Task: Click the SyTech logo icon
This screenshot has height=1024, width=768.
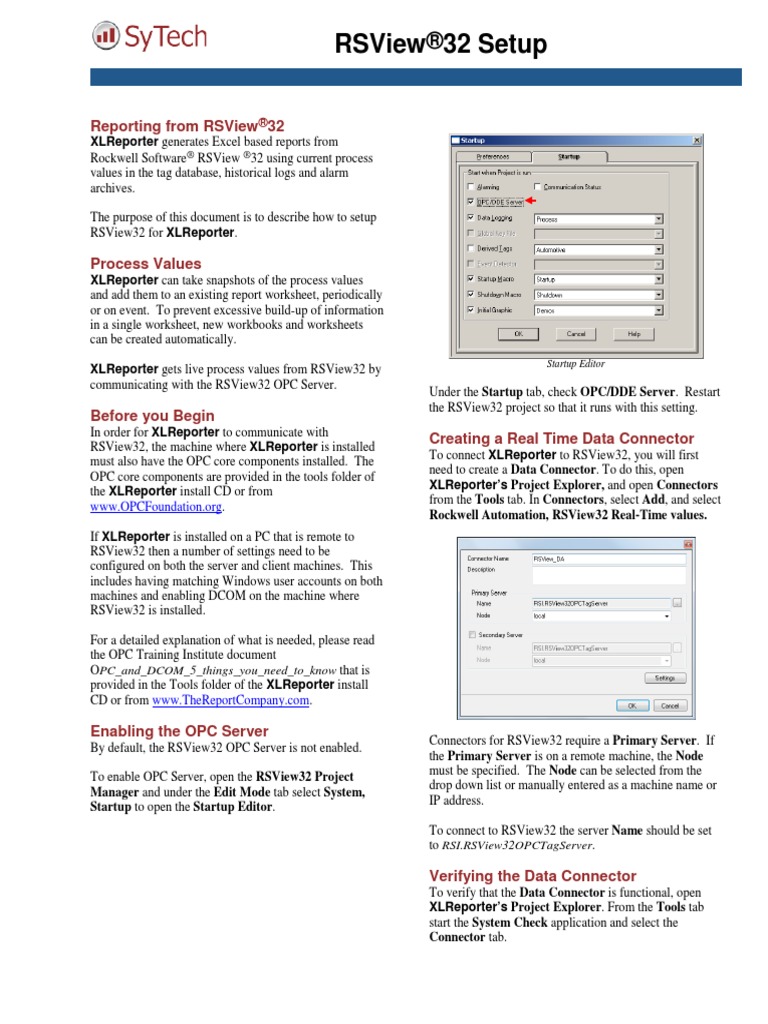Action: (104, 39)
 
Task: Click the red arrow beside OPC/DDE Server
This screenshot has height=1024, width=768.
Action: (531, 201)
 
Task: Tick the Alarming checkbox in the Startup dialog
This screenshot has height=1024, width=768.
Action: (471, 186)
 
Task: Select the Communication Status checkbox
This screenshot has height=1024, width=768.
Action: (538, 186)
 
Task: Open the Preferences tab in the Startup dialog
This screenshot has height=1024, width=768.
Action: (493, 156)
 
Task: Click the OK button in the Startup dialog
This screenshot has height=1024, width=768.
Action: (519, 333)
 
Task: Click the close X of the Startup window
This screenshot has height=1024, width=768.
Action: (696, 140)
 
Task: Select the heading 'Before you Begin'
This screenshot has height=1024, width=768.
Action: (152, 415)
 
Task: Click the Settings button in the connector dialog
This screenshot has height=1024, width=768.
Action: (664, 677)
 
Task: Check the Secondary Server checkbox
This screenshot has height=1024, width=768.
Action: (472, 634)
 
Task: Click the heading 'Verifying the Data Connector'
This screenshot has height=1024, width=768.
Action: (532, 875)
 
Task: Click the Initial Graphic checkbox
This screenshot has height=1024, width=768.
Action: (471, 310)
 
